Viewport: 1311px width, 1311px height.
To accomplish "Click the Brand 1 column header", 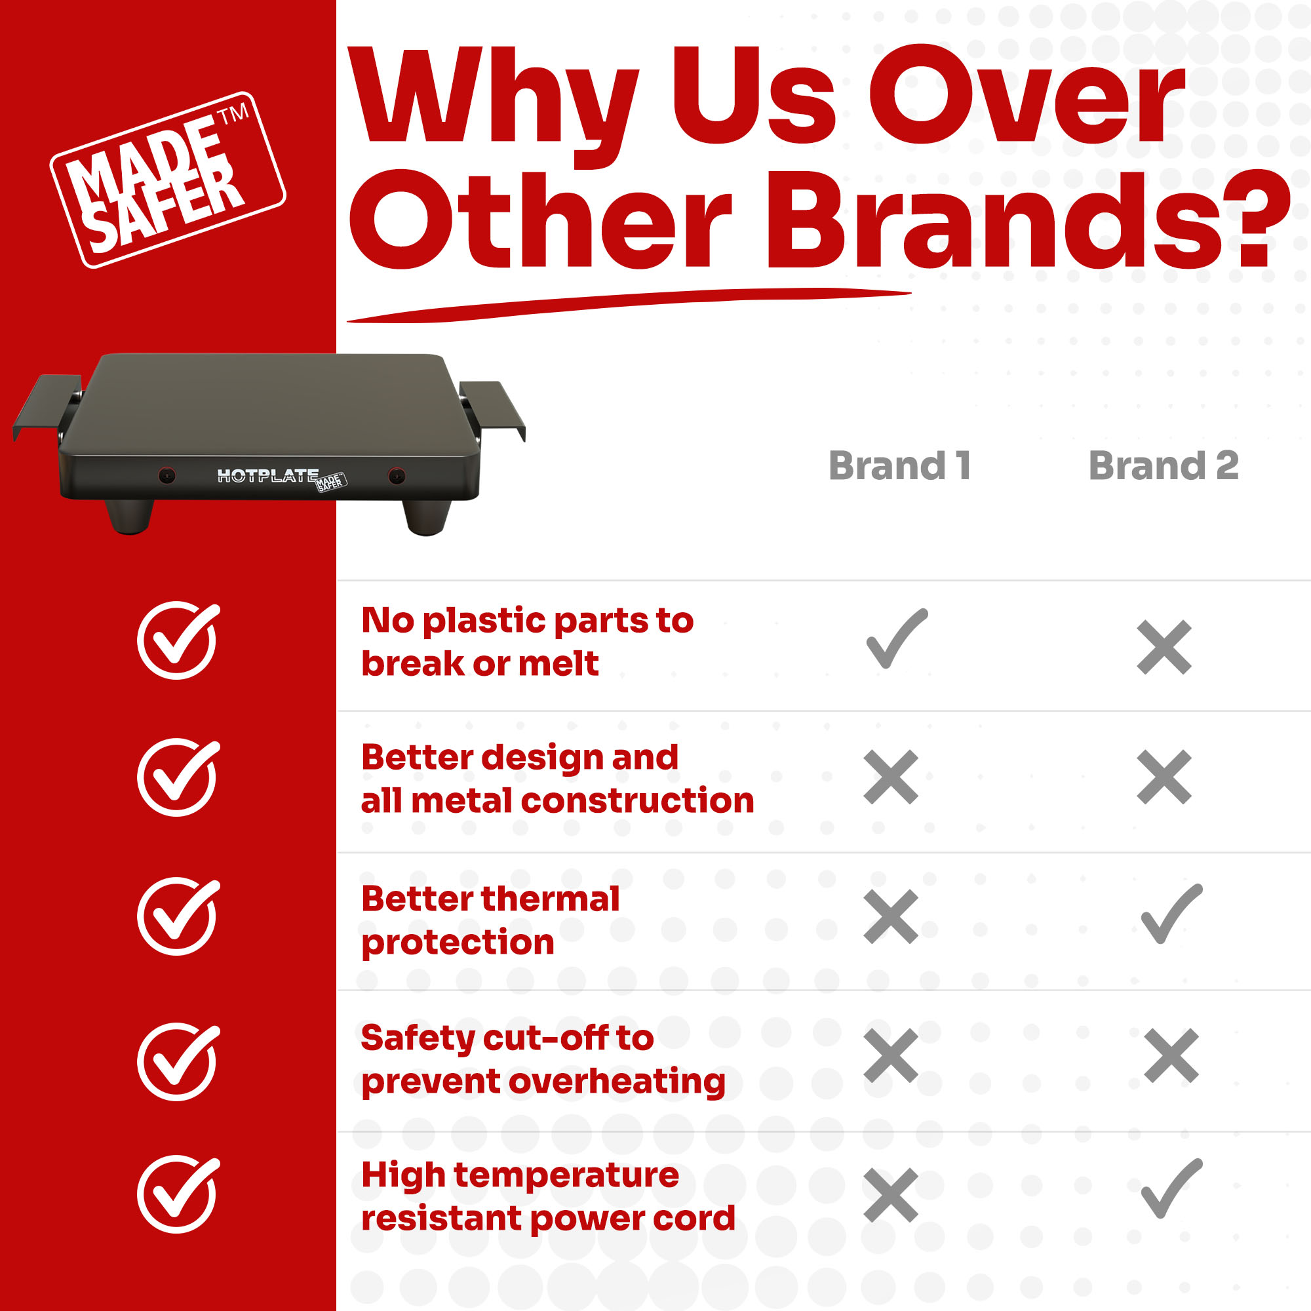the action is pos(899,466).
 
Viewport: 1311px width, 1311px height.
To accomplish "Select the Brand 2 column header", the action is pos(1163,466).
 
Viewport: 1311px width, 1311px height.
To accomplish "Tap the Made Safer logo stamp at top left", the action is pos(168,180).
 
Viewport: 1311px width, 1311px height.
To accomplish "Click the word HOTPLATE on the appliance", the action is pos(267,476).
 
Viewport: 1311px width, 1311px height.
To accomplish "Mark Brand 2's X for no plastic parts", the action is pos(1164,647).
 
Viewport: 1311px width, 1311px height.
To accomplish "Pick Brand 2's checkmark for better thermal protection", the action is pos(1172,914).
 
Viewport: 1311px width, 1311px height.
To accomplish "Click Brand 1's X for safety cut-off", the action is pos(891,1056).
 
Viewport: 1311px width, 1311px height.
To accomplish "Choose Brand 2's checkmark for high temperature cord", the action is pos(1172,1189).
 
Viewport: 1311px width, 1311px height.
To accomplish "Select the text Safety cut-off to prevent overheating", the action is pos(543,1060).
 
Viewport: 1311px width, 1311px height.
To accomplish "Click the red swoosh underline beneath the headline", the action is pos(629,305).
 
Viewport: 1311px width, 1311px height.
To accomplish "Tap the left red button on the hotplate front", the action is pos(167,476).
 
